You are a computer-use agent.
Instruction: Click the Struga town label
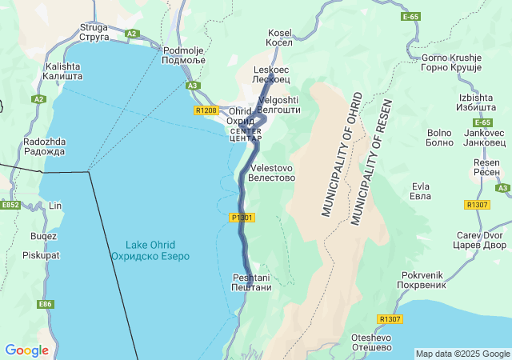click(x=94, y=31)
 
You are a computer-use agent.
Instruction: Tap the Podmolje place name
click(x=184, y=54)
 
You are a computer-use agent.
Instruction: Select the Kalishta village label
click(x=63, y=71)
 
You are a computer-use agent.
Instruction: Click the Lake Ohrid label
click(x=150, y=250)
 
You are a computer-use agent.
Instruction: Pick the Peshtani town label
click(x=251, y=282)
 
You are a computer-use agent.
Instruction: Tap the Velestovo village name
click(x=273, y=173)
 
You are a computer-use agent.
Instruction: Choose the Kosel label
click(x=279, y=38)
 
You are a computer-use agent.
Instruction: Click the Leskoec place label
click(x=270, y=75)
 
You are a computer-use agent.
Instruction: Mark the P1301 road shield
click(x=242, y=218)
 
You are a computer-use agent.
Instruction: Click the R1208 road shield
click(x=206, y=110)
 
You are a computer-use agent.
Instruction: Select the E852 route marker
click(x=10, y=205)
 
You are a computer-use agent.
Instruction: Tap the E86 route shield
click(x=45, y=304)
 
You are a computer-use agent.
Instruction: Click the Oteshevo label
click(x=371, y=342)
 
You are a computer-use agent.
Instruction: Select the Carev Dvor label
click(x=482, y=240)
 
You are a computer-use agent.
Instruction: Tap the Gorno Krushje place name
click(x=451, y=63)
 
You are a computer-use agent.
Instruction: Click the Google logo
click(x=26, y=350)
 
